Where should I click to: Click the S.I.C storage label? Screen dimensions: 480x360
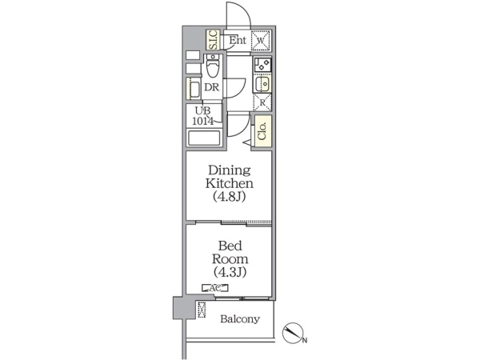tap(213, 39)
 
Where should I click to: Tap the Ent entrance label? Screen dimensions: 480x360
tap(238, 40)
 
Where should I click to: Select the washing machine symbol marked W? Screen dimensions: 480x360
tap(261, 40)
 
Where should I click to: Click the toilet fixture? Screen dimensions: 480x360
tap(213, 66)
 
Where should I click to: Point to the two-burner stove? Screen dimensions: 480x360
tap(262, 65)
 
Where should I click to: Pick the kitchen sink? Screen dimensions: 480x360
tap(262, 83)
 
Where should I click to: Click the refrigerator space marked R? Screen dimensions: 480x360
tap(262, 102)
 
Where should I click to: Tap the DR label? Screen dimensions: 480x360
tap(212, 87)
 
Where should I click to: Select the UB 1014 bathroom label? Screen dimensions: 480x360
tap(202, 116)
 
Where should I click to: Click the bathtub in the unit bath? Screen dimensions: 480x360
tap(204, 138)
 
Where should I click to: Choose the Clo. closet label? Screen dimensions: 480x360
tap(262, 131)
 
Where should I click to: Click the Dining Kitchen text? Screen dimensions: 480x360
tap(230, 177)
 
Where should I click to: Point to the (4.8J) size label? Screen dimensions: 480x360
tap(230, 196)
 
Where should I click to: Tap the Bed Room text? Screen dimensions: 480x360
tap(230, 253)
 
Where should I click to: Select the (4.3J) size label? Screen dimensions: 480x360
tap(230, 272)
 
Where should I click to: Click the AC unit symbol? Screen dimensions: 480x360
tap(215, 288)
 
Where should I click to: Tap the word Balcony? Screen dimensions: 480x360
tap(240, 319)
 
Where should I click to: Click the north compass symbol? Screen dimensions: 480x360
tap(293, 333)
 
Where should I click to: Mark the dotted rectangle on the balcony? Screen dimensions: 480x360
tap(202, 310)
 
